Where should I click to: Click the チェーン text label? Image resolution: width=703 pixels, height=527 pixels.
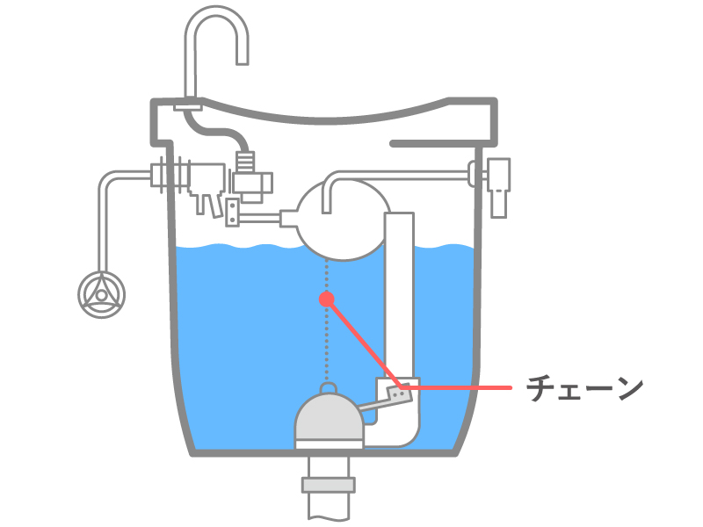pyautogui.click(x=584, y=388)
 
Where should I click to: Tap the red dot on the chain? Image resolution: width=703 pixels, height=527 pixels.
pyautogui.click(x=327, y=300)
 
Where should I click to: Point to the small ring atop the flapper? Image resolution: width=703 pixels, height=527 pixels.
pyautogui.click(x=327, y=388)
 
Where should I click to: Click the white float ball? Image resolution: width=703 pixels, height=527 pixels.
pyautogui.click(x=338, y=220)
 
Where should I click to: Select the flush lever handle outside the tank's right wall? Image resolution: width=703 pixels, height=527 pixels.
pyautogui.click(x=499, y=186)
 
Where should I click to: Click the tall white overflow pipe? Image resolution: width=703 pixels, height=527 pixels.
pyautogui.click(x=400, y=290)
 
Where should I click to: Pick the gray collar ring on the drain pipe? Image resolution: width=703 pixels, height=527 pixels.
pyautogui.click(x=328, y=484)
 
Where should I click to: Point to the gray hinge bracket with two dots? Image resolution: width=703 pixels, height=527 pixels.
pyautogui.click(x=399, y=393)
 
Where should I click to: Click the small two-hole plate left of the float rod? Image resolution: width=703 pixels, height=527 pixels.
pyautogui.click(x=233, y=211)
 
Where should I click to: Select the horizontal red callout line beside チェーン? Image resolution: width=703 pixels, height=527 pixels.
pyautogui.click(x=466, y=387)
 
